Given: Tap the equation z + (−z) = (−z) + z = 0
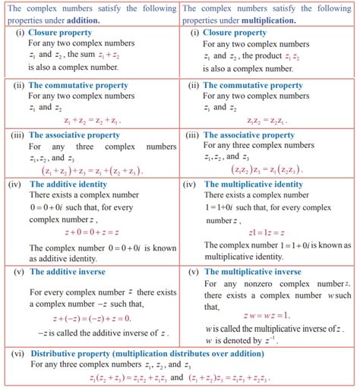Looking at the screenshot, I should pyautogui.click(x=85, y=319).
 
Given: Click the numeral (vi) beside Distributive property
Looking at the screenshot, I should pyautogui.click(x=17, y=353).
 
